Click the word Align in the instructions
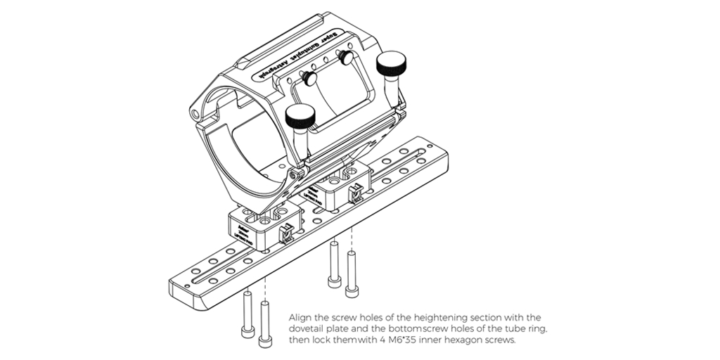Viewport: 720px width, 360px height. (300, 317)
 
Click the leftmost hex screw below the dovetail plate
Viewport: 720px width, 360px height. (247, 312)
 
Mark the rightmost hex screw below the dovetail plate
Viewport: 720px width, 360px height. (351, 268)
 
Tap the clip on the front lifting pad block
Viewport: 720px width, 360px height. (286, 231)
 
